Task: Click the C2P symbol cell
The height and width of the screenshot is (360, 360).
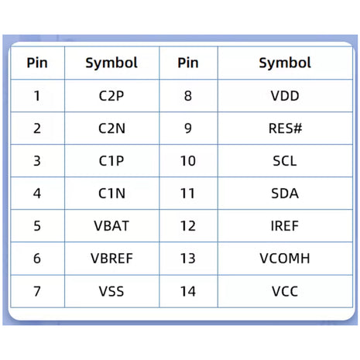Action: tap(111, 96)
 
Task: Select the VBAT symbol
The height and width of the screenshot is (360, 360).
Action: tap(111, 226)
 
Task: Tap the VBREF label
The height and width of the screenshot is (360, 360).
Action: tap(111, 259)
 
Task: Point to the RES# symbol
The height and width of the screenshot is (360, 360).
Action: tap(285, 129)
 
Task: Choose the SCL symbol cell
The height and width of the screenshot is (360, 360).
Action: tap(285, 161)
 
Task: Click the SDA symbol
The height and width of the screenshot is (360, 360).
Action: tap(285, 194)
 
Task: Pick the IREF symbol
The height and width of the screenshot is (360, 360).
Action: tap(285, 226)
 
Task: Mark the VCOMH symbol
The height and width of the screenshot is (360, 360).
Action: tap(285, 259)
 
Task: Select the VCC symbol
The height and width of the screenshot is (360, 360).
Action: tap(285, 291)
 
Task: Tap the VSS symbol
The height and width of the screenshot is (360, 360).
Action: tap(111, 291)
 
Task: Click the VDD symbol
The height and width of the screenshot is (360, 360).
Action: tap(285, 96)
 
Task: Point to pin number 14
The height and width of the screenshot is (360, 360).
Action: tap(188, 291)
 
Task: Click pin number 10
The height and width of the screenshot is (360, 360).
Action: tap(188, 161)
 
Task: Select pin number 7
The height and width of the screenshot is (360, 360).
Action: tap(37, 291)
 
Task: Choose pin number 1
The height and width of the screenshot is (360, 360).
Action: tap(37, 96)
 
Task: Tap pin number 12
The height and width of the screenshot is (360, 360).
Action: tap(188, 226)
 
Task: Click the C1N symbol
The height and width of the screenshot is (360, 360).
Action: tap(111, 194)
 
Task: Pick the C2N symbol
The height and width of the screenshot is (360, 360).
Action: tap(111, 129)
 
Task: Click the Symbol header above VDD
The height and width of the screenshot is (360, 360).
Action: tap(285, 63)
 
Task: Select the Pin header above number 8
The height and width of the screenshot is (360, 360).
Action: tap(188, 63)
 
